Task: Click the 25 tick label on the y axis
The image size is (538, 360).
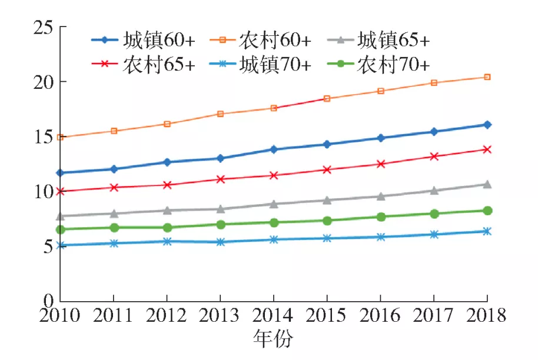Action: pos(42,28)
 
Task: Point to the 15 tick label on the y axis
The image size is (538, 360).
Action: pos(42,136)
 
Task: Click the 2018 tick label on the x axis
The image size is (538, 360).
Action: pos(487,315)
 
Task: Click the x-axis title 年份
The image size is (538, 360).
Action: pos(273,339)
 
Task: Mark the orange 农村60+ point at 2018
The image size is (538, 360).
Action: pos(487,77)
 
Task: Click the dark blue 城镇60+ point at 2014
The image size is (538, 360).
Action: pos(274,149)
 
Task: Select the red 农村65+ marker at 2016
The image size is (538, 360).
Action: pos(381,164)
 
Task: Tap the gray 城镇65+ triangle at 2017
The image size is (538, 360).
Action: pos(434,191)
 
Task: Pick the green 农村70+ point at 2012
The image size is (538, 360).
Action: pos(167,228)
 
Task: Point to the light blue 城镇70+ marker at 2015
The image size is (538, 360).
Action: pos(327,238)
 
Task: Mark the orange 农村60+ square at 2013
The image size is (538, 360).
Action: pos(220,114)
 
